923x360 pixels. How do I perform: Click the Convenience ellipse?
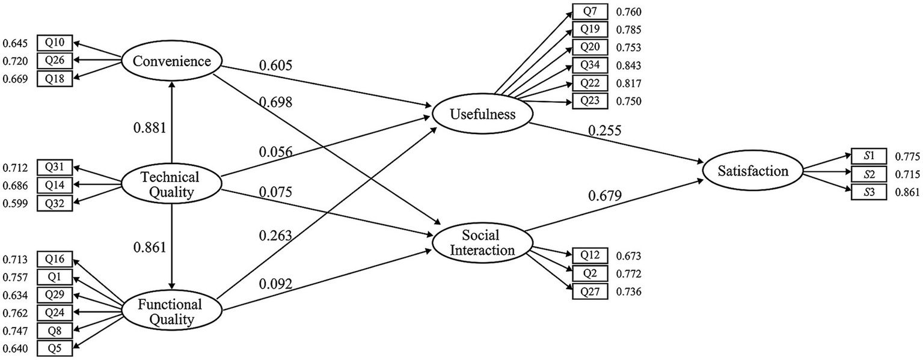click(x=172, y=61)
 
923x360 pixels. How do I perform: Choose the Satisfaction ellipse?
click(x=753, y=171)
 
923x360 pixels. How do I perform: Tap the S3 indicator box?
click(x=868, y=192)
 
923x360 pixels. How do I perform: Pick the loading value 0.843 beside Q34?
click(x=628, y=65)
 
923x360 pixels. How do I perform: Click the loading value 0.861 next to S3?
click(x=907, y=193)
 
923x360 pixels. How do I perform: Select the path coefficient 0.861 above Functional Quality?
click(x=149, y=248)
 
